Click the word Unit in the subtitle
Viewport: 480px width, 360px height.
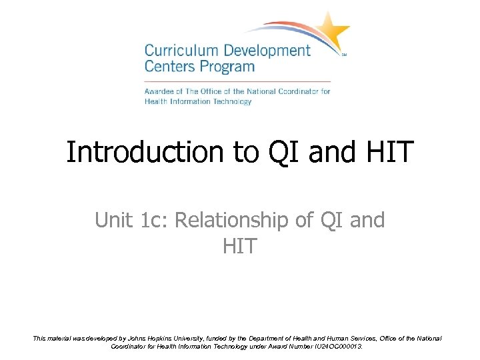pyautogui.click(x=115, y=220)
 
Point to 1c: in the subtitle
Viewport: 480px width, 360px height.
pyautogui.click(x=155, y=220)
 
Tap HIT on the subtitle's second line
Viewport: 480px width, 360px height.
pyautogui.click(x=239, y=246)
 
